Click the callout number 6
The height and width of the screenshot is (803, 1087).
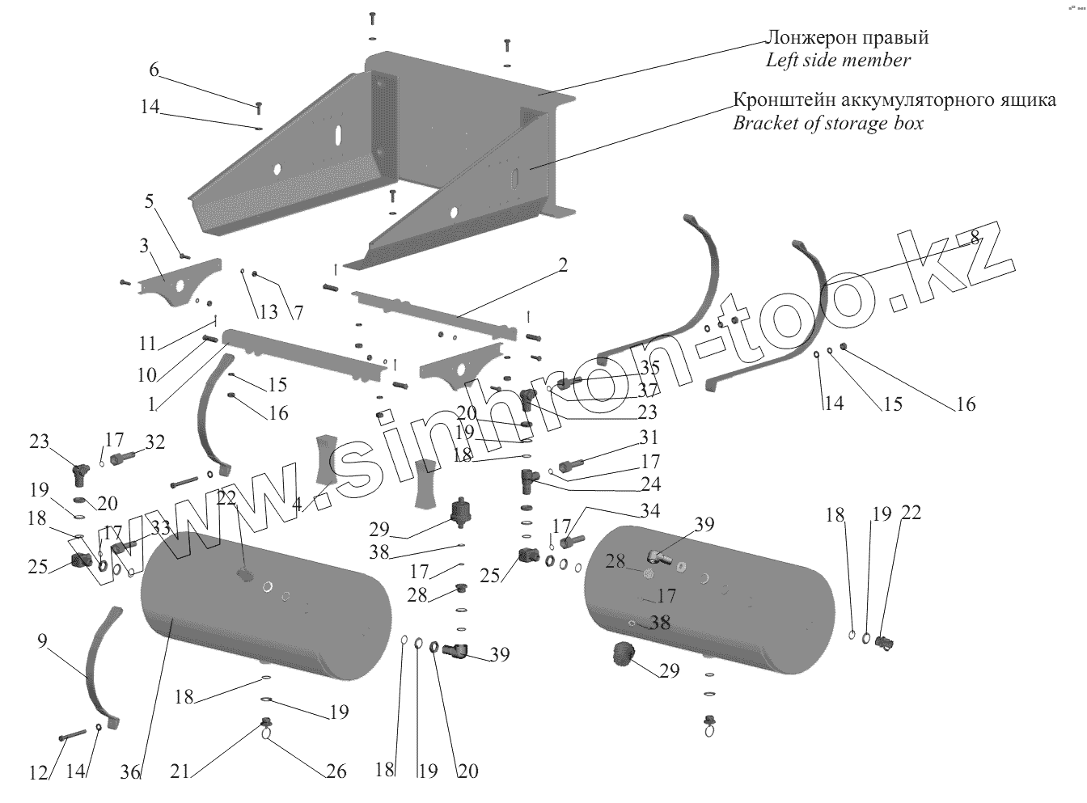tap(154, 70)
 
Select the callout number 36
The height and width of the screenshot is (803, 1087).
tap(131, 772)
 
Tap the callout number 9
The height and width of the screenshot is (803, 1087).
tap(42, 641)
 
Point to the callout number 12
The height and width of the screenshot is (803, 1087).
tap(39, 772)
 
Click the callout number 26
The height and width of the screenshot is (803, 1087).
tap(336, 772)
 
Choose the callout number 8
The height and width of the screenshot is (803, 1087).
tap(975, 237)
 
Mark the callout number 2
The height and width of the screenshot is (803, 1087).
tap(563, 264)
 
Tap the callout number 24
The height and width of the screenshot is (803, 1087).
tap(650, 484)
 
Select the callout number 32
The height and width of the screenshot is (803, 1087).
tap(154, 442)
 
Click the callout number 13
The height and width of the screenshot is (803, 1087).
tap(268, 312)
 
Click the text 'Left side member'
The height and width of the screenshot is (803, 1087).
tap(838, 60)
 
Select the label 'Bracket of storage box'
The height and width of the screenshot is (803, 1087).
tap(827, 124)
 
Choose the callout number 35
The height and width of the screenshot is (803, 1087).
tap(649, 369)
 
